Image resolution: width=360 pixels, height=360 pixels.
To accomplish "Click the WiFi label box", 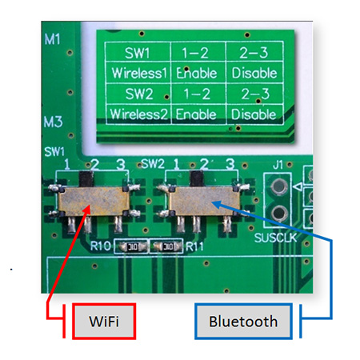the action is point(104,321).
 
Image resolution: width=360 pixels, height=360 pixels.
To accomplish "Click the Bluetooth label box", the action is point(243,321).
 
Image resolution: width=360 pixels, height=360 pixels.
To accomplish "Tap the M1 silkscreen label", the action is point(52,39).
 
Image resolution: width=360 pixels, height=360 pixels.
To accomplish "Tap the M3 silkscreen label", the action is point(54,122).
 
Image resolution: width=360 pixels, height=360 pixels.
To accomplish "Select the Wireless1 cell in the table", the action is point(138,73).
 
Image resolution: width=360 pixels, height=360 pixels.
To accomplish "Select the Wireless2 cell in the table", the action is point(138,114).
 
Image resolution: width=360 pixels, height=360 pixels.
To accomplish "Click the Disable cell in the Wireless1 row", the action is point(254,73).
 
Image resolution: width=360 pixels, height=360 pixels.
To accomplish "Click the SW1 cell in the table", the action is point(138,52).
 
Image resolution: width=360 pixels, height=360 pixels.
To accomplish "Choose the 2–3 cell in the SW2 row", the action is point(255,94).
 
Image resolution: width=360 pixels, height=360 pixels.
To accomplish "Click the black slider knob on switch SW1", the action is point(86,179).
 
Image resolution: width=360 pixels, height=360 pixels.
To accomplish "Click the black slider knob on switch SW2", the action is point(197,178).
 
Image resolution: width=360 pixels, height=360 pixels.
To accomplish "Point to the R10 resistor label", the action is point(100,246).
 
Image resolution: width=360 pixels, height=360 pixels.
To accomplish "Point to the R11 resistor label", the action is point(194,246).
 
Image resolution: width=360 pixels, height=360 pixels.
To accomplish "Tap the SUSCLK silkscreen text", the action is point(276,238).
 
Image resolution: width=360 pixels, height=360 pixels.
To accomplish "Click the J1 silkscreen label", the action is point(278,166).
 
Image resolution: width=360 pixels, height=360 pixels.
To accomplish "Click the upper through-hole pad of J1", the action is point(279,186).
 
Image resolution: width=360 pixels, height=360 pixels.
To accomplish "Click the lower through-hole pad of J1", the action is point(279,214).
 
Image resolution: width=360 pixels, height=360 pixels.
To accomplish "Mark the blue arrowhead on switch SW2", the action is point(217,205).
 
